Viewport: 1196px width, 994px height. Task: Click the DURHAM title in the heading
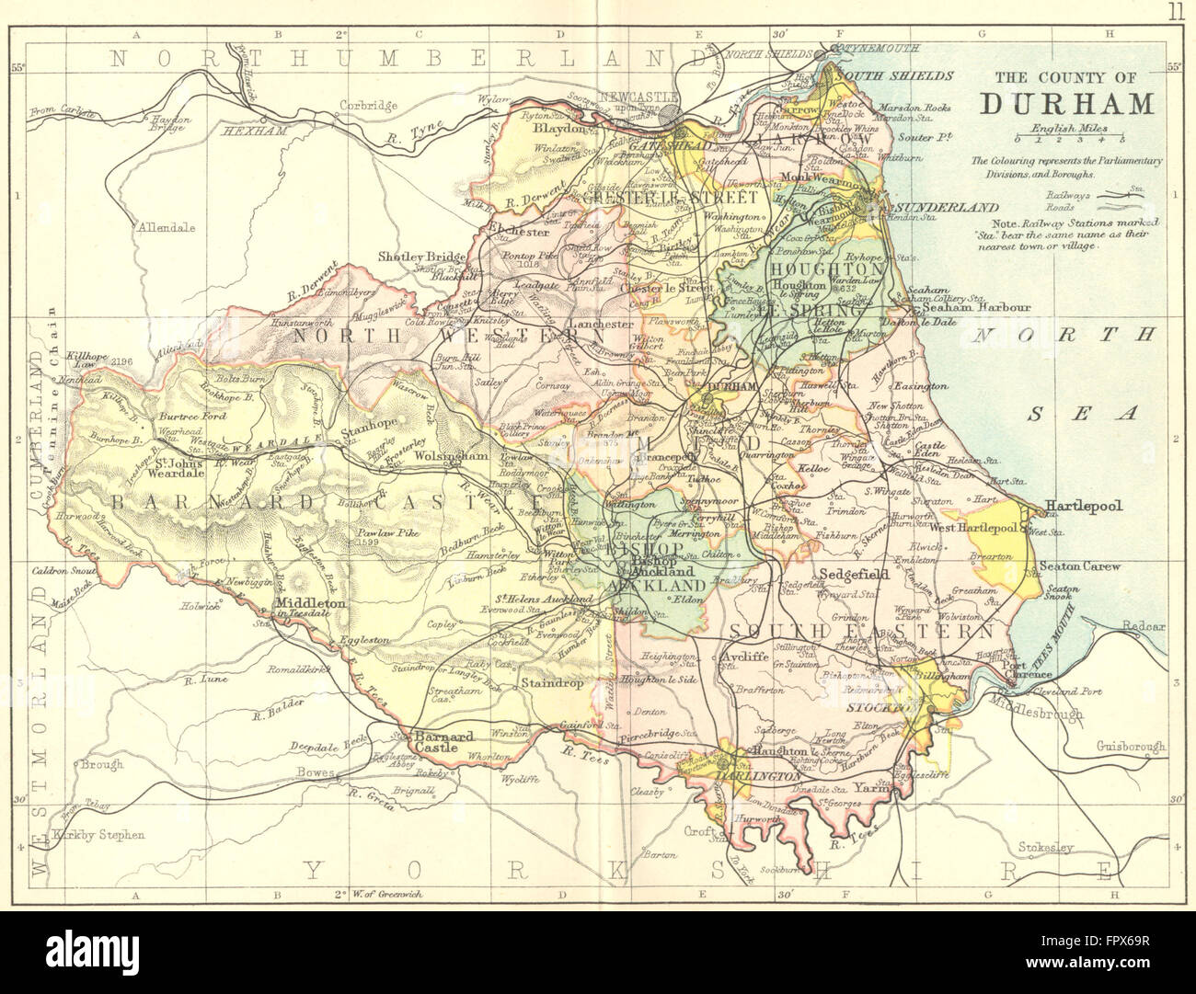(1066, 104)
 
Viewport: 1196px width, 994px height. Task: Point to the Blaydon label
(558, 130)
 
